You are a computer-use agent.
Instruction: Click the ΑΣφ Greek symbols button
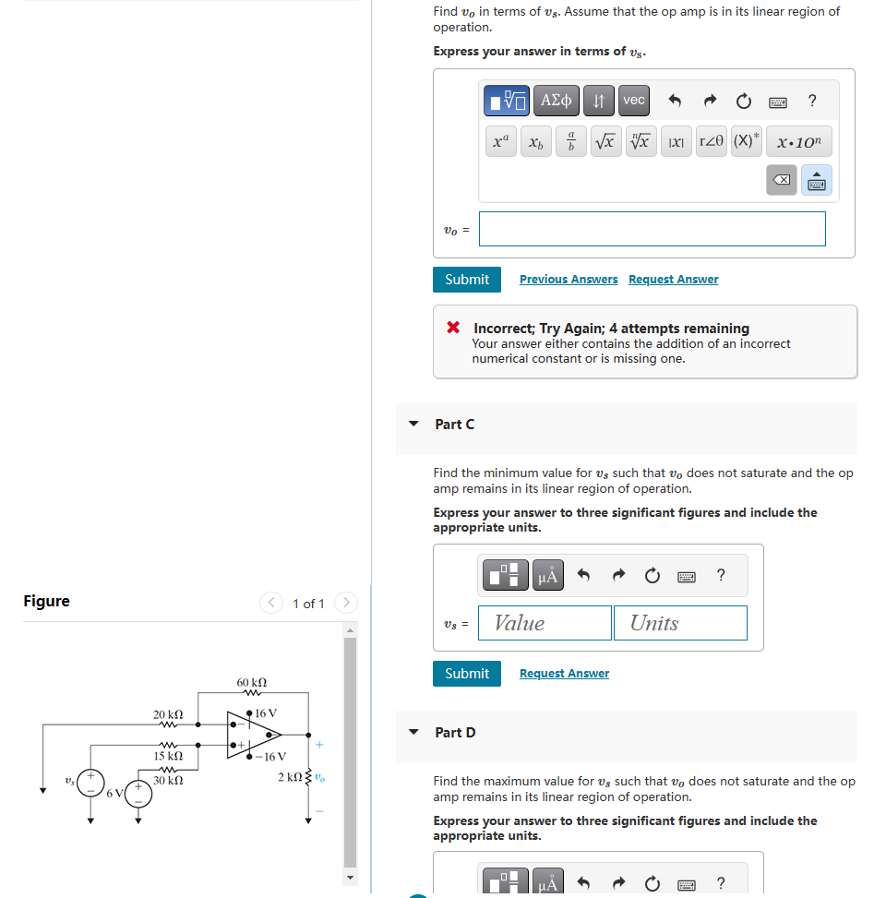pyautogui.click(x=557, y=100)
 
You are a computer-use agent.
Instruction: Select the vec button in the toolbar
pyautogui.click(x=633, y=100)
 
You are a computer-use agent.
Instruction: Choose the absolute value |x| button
pyautogui.click(x=676, y=142)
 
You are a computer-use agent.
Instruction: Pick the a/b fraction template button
pyautogui.click(x=570, y=142)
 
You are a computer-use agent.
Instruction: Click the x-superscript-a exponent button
pyautogui.click(x=499, y=142)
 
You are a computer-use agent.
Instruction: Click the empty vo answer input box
pyautogui.click(x=652, y=229)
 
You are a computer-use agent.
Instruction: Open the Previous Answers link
pyautogui.click(x=569, y=280)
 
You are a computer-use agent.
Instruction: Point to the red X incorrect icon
pyautogui.click(x=453, y=328)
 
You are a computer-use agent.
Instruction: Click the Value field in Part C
pyautogui.click(x=548, y=623)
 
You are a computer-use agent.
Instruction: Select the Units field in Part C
pyautogui.click(x=680, y=623)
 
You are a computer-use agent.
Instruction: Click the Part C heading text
pyautogui.click(x=455, y=425)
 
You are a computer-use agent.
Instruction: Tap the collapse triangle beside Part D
pyautogui.click(x=413, y=733)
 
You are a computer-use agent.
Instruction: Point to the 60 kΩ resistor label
pyautogui.click(x=252, y=683)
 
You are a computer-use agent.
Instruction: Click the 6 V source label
pyautogui.click(x=114, y=793)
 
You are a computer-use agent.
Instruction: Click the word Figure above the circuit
pyautogui.click(x=46, y=602)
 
